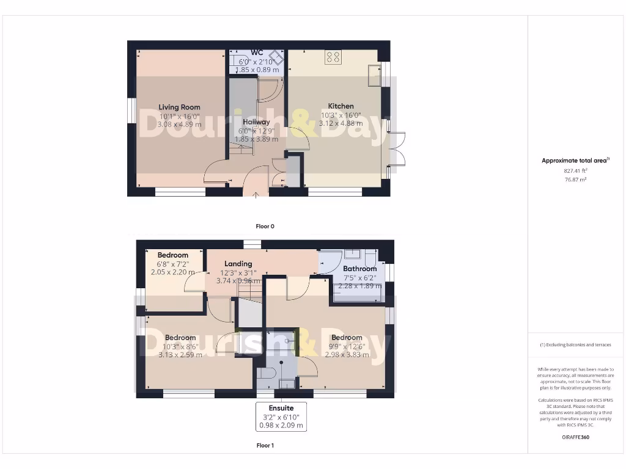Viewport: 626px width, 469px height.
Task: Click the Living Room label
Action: [x=179, y=107]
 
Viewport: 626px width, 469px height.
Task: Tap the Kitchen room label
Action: [x=341, y=106]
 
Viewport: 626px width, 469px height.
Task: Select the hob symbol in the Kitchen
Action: [x=333, y=57]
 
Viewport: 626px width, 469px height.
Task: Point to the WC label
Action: [x=257, y=53]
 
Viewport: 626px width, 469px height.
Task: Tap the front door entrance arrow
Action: [x=256, y=195]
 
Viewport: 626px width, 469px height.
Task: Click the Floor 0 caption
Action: [x=265, y=226]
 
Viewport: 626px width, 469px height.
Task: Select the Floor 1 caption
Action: [x=265, y=446]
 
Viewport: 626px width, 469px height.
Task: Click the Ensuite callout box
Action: [x=281, y=416]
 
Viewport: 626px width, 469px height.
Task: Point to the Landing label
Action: [x=238, y=264]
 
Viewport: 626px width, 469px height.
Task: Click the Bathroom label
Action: [x=359, y=269]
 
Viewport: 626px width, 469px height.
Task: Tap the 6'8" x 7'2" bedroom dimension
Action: [x=172, y=264]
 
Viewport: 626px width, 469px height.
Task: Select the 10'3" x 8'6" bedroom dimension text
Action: [x=180, y=346]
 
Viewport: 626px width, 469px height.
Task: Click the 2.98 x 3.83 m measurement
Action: [x=347, y=354]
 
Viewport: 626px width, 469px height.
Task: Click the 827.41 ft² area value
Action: [x=575, y=172]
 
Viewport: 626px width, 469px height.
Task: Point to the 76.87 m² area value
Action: [x=575, y=180]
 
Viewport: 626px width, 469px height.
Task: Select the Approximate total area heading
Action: [x=575, y=161]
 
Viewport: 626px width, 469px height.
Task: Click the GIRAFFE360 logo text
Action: [x=575, y=437]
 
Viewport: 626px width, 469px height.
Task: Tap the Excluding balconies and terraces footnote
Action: [x=575, y=345]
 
